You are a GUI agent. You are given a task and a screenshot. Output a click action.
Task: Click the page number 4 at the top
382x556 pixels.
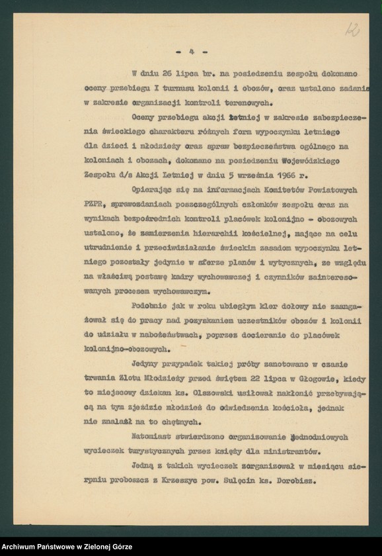pyautogui.click(x=190, y=51)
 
